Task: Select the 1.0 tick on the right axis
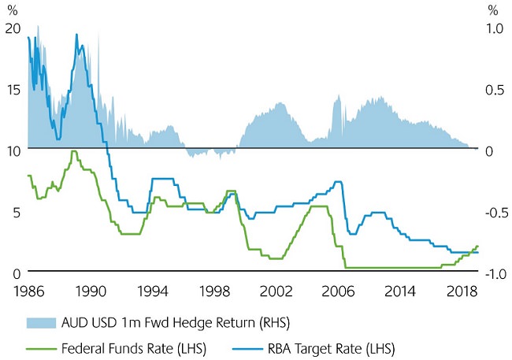tap(492, 28)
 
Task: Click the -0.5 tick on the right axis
tap(490, 213)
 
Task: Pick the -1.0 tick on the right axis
tap(490, 274)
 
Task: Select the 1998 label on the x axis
tap(215, 290)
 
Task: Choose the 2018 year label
tap(461, 290)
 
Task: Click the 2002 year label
tap(276, 290)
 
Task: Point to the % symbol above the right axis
tap(493, 10)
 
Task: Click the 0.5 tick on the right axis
tap(492, 89)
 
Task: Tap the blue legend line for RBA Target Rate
tap(248, 347)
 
